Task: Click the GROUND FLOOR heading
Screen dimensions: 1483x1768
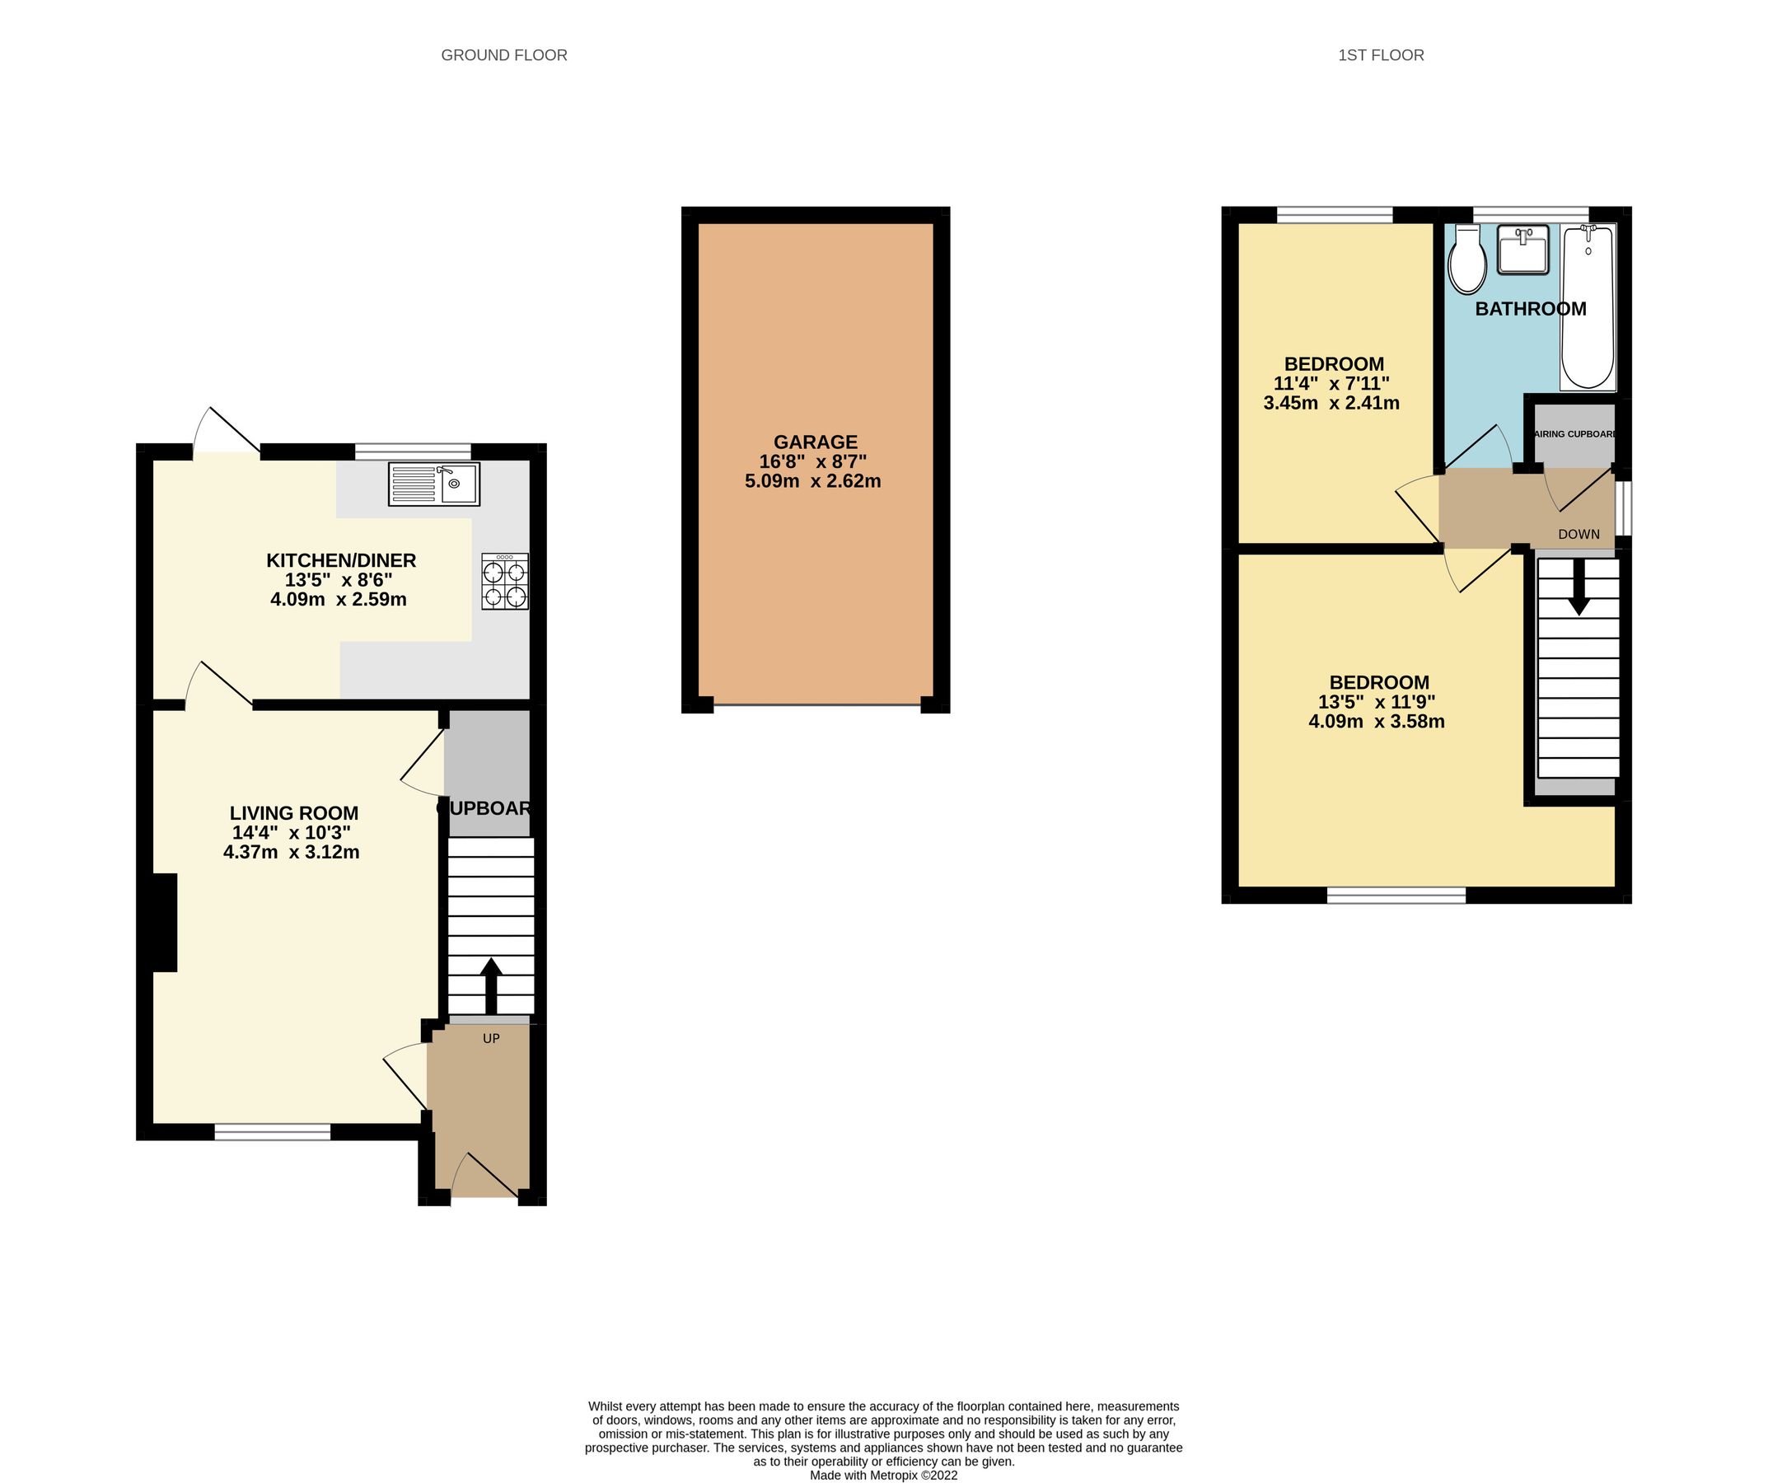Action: (503, 55)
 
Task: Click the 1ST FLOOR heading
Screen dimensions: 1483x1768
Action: (1381, 55)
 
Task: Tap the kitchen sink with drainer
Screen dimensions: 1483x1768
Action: (433, 484)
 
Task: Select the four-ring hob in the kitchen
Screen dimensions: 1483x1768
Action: (504, 581)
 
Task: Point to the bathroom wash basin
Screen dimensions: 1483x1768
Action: (1522, 250)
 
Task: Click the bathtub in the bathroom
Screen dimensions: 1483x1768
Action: (1587, 306)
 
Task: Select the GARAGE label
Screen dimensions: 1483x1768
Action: (815, 442)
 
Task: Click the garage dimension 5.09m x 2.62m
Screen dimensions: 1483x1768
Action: (812, 482)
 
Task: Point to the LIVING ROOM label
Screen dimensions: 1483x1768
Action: (294, 813)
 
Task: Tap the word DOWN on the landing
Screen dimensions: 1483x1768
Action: (1579, 534)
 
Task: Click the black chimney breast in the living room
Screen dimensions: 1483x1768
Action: (165, 922)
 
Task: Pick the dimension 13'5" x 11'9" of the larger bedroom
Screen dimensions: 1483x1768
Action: (1377, 702)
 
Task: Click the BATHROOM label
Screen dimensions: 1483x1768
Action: (1531, 309)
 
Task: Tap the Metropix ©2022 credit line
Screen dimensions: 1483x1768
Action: (883, 1476)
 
